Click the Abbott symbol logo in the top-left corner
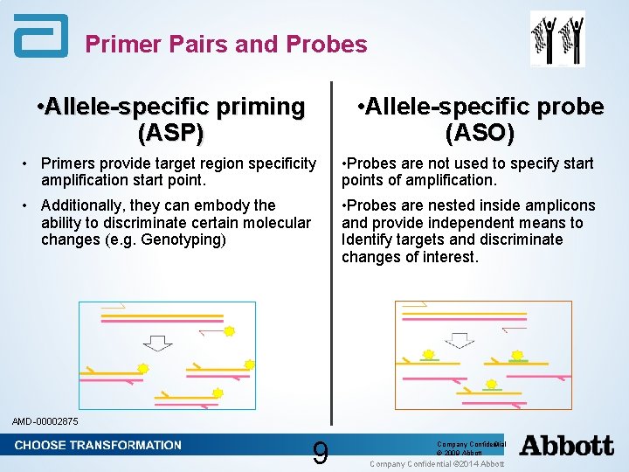(40, 36)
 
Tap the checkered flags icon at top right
(557, 38)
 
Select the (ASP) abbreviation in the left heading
(171, 133)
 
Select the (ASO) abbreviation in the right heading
(480, 133)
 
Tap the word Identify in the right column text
(369, 239)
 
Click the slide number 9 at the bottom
(321, 453)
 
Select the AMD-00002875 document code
(45, 421)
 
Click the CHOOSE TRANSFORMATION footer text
(98, 445)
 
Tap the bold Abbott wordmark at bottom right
(566, 446)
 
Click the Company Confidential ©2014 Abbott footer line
(437, 463)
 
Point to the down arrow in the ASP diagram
(157, 340)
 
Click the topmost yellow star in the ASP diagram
(229, 331)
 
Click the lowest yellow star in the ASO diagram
(491, 384)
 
